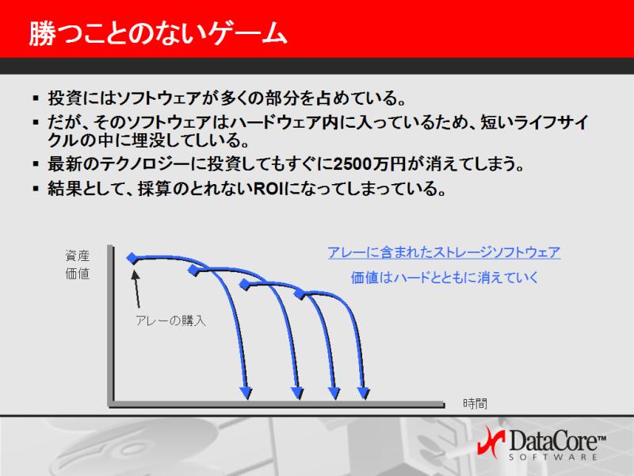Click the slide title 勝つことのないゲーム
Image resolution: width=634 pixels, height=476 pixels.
click(158, 33)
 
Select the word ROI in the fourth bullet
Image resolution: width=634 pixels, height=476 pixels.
click(269, 188)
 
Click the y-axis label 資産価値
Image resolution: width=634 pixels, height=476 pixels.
click(77, 265)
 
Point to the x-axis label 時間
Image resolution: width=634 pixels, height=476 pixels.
click(475, 403)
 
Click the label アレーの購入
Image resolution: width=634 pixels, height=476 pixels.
click(170, 321)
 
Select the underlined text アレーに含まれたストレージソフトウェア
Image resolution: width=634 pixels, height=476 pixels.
click(444, 252)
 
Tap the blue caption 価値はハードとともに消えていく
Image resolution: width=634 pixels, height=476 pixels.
click(445, 278)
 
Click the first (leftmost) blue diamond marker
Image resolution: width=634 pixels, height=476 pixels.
click(132, 258)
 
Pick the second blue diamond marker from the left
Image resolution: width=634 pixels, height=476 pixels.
click(194, 270)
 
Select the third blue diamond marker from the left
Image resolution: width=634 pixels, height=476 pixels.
click(245, 284)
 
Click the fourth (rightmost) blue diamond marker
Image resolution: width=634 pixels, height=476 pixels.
click(300, 294)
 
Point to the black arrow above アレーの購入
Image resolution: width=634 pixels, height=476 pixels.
click(136, 288)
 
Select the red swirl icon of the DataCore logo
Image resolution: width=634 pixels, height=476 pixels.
click(491, 441)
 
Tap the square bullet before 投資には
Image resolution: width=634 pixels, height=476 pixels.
click(36, 98)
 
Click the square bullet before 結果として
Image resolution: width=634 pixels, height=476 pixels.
click(36, 188)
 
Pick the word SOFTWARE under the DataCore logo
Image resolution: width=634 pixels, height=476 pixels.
click(552, 457)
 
